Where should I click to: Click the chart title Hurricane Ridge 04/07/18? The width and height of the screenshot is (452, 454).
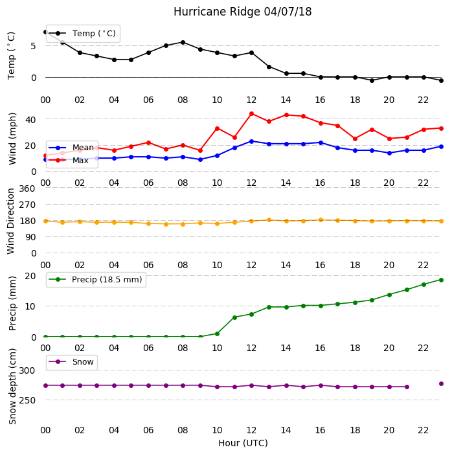[242, 12]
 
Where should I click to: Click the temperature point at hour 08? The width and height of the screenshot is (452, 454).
[183, 42]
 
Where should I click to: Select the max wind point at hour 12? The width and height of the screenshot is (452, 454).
[251, 114]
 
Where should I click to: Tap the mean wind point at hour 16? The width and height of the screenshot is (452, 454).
[321, 142]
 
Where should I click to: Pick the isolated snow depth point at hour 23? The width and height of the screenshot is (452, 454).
[441, 383]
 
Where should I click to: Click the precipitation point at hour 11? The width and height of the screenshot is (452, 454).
[234, 317]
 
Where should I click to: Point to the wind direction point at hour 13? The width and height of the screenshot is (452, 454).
[269, 220]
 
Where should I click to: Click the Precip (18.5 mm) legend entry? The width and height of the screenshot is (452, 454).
[96, 280]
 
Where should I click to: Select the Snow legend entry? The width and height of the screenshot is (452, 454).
[71, 362]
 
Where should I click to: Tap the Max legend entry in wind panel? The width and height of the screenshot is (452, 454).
[69, 160]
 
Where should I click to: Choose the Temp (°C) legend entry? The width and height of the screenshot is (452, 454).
[83, 34]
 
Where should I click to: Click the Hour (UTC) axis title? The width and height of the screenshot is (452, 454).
[243, 443]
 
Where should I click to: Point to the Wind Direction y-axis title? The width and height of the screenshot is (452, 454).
[11, 221]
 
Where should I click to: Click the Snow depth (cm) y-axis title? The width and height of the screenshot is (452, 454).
[12, 386]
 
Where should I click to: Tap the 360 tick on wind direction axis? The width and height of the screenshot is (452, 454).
[27, 188]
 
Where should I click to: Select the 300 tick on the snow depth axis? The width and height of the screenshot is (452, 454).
[27, 370]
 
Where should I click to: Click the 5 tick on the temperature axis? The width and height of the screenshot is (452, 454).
[33, 46]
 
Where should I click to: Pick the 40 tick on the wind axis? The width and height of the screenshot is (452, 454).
[30, 120]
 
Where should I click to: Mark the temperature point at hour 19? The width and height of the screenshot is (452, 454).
[372, 80]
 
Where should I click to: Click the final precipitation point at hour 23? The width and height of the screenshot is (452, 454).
[441, 280]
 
